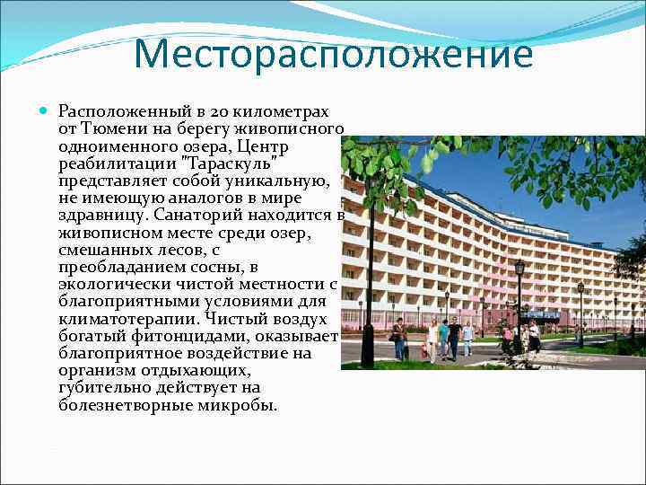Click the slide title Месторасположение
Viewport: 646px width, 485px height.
(x=334, y=55)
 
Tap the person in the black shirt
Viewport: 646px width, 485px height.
(x=455, y=338)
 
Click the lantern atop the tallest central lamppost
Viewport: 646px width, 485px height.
(x=519, y=268)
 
